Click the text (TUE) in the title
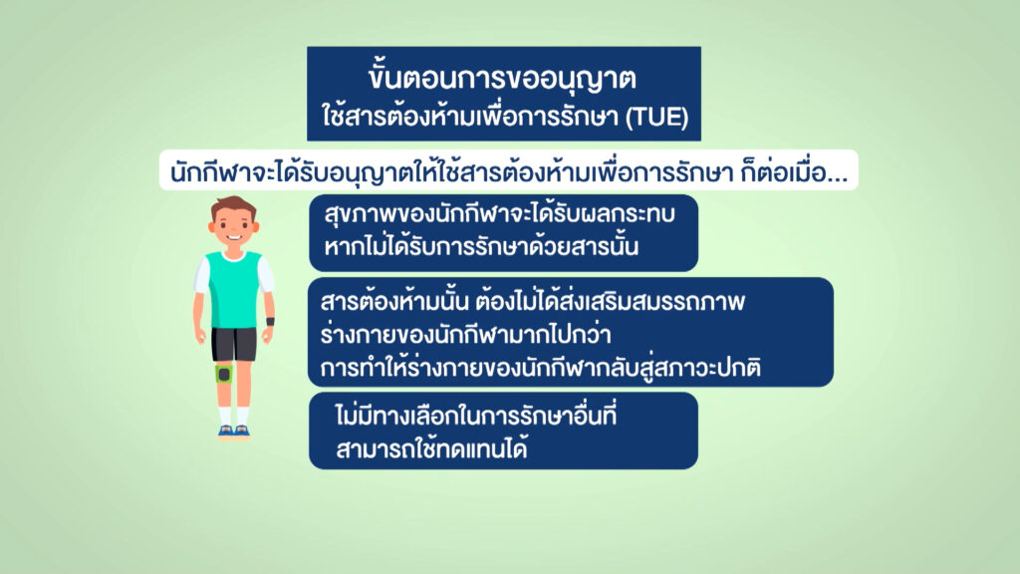pyautogui.click(x=656, y=118)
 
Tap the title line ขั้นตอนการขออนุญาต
pyautogui.click(x=502, y=77)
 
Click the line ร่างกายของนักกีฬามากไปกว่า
pyautogui.click(x=465, y=334)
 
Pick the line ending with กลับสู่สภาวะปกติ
pyautogui.click(x=540, y=367)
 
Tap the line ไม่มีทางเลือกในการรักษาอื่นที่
pyautogui.click(x=475, y=415)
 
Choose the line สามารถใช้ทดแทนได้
pyautogui.click(x=431, y=448)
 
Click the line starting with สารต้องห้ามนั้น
pyautogui.click(x=532, y=301)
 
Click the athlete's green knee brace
pyautogui.click(x=224, y=374)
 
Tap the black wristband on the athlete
pyautogui.click(x=269, y=322)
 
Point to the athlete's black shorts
pyautogui.click(x=234, y=344)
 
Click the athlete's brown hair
pyautogui.click(x=233, y=207)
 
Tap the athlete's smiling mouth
pyautogui.click(x=233, y=238)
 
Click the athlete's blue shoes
pyautogui.click(x=233, y=430)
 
